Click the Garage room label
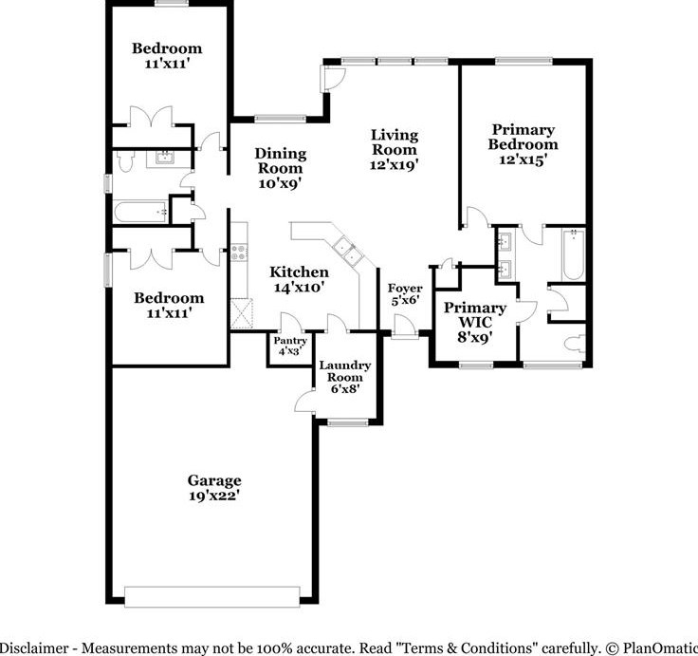[214, 488]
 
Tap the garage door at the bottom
[211, 597]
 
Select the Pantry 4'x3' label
[290, 346]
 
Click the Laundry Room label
[345, 371]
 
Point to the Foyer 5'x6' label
[405, 294]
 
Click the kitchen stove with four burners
[239, 253]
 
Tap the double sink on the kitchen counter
[349, 251]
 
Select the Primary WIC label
[475, 314]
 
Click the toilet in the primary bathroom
[575, 344]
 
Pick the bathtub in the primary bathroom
[574, 254]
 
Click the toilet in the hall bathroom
[124, 160]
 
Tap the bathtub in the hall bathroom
[140, 212]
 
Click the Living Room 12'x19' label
[395, 150]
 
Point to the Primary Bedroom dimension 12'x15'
[523, 159]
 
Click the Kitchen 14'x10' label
[299, 279]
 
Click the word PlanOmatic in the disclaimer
[660, 647]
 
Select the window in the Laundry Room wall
[348, 422]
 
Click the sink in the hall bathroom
[165, 157]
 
